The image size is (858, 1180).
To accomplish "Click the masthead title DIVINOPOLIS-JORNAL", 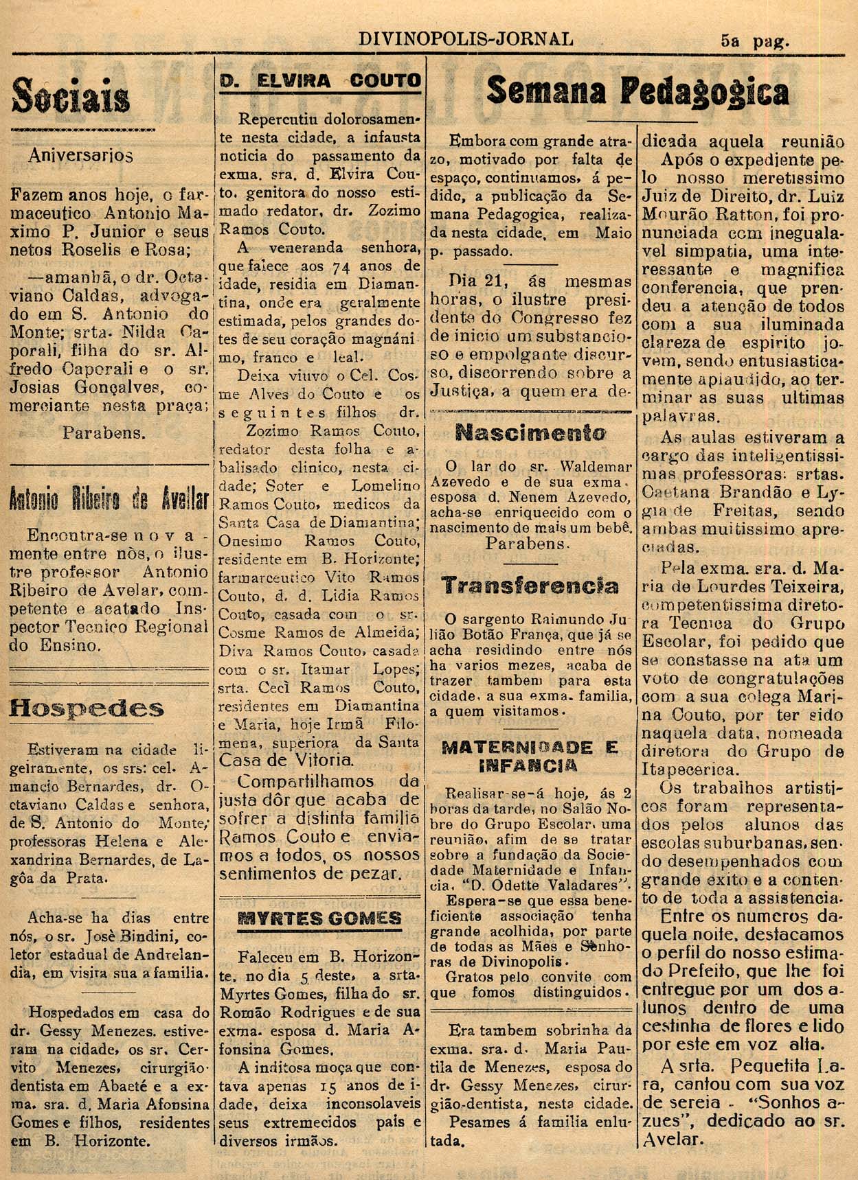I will pos(466,38).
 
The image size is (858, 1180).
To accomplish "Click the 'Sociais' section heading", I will pos(71,97).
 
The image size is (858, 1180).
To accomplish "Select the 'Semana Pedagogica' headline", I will pos(637,91).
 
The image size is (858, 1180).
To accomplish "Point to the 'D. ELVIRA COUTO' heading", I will pos(320,81).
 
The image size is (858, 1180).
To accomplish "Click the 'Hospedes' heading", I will pos(87,708).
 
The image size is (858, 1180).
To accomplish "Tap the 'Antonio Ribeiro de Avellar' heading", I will pos(109,500).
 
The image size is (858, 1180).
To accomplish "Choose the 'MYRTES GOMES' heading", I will pos(320,918).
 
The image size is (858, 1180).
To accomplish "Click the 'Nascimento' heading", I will pos(530,433).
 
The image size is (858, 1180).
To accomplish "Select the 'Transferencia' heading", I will pos(530,586).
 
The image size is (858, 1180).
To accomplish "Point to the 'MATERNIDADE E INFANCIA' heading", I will pos(530,756).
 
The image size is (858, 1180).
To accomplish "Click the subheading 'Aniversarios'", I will pos(80,155).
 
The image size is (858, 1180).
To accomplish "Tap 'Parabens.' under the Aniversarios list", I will pos(104,433).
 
